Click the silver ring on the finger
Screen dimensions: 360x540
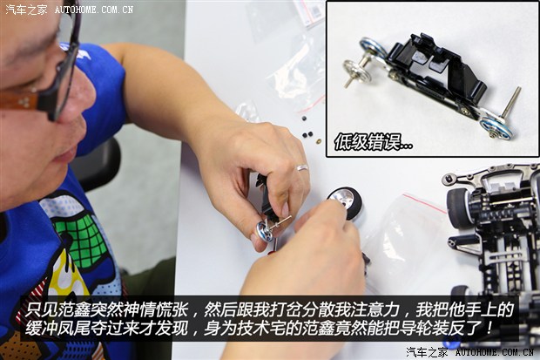[x=301, y=167]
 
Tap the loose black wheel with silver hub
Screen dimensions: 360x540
[x=345, y=201]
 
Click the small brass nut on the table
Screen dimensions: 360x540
[x=318, y=140]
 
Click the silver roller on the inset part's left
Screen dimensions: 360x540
[x=354, y=69]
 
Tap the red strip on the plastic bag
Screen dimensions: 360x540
[x=424, y=202]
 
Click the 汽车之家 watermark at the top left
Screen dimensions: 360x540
[x=26, y=10]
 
